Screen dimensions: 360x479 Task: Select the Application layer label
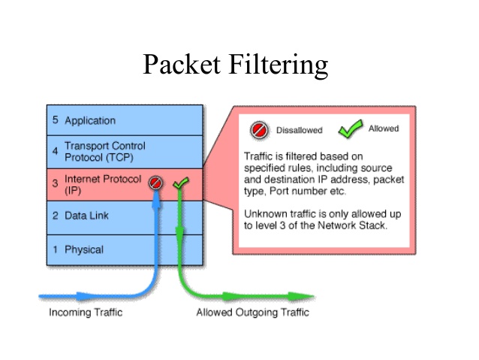point(90,120)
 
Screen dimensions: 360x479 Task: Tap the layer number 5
point(55,120)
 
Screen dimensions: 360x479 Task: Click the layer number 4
point(55,151)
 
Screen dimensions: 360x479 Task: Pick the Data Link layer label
point(86,216)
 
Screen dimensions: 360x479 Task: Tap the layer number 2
point(55,216)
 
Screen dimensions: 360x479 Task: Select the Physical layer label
point(84,250)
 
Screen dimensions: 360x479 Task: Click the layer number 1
point(55,250)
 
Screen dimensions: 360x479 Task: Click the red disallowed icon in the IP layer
point(156,183)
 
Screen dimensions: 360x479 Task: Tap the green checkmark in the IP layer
point(180,183)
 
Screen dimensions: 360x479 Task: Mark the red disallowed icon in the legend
point(259,130)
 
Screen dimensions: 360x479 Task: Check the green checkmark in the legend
point(349,129)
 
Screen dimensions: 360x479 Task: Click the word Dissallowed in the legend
point(299,131)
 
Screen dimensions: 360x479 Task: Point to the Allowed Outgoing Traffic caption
point(252,313)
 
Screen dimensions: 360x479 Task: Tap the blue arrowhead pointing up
point(156,198)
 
